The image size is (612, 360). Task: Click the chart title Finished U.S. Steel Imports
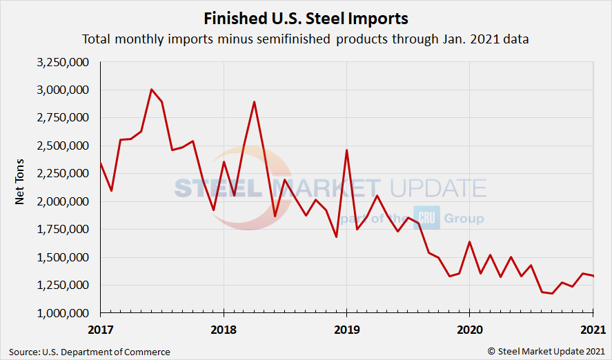coord(306,17)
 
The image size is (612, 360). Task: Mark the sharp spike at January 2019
coord(346,150)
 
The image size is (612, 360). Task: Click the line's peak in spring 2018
coord(255,102)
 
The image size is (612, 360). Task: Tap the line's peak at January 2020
coord(469,242)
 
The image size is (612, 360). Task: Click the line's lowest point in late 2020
coord(551,293)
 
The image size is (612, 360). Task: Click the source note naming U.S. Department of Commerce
coord(90,352)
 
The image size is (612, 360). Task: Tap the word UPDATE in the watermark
coord(438,188)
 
